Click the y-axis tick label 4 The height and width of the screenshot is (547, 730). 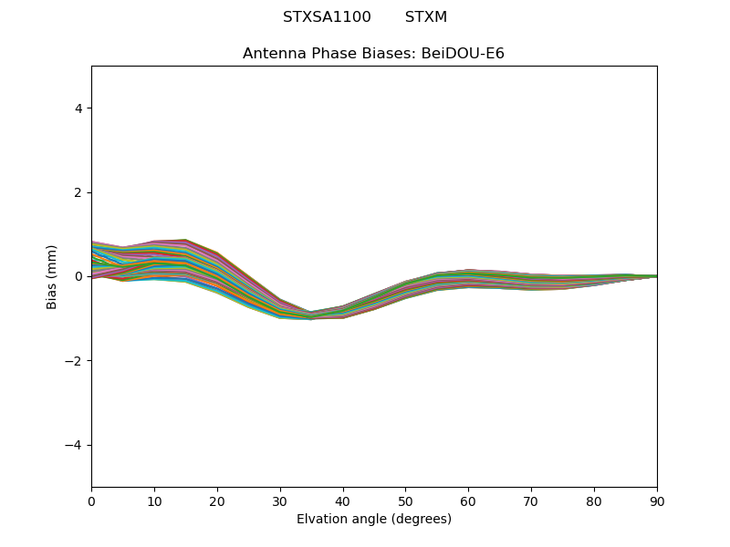[x=78, y=108]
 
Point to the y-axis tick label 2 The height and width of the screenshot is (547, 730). [x=78, y=192]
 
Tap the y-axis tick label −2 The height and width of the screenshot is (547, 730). [x=75, y=361]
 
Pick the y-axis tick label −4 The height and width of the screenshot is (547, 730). [x=75, y=445]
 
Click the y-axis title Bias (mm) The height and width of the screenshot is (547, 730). [x=52, y=276]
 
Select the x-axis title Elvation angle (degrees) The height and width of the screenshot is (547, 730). [x=374, y=519]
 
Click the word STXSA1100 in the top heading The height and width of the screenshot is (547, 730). [x=327, y=17]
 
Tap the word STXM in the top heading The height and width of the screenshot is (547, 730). [x=426, y=17]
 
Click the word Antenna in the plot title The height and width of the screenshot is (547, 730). [x=272, y=54]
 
